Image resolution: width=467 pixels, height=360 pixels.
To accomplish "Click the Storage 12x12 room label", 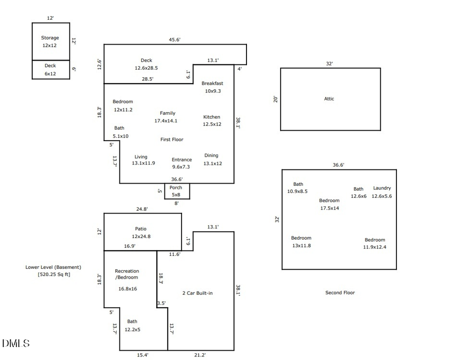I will tap(50, 41).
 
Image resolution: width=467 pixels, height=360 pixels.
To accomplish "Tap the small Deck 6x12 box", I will tap(50, 70).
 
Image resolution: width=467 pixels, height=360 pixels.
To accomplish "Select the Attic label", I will tap(329, 99).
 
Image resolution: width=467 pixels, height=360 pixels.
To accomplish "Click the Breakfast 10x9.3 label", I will tap(212, 87).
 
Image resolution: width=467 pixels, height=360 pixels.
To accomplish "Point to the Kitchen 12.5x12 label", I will tap(212, 121).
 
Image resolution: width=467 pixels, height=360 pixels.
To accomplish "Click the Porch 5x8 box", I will tap(176, 191).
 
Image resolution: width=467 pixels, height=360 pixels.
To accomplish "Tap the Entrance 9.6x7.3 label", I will tap(182, 163).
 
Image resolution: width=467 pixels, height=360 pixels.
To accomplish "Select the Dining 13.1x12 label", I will tap(212, 159).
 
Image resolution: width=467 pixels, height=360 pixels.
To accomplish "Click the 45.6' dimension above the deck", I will tap(174, 39).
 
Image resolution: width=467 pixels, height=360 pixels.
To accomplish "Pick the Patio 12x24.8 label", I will tap(140, 232).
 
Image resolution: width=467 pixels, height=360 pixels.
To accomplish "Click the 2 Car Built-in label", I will tap(197, 293).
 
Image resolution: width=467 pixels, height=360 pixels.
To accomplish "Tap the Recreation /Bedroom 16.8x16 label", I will tap(127, 280).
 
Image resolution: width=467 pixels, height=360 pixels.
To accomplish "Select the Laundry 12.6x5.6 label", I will tap(382, 192).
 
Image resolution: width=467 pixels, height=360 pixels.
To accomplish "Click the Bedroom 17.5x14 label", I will tap(329, 204).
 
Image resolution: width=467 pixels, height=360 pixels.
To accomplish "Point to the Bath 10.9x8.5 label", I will tap(297, 188).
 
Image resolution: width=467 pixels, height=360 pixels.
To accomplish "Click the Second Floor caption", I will tap(340, 293).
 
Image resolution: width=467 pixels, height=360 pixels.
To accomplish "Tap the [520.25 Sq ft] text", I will tap(53, 274).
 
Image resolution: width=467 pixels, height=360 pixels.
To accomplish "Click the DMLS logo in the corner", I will tap(16, 343).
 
